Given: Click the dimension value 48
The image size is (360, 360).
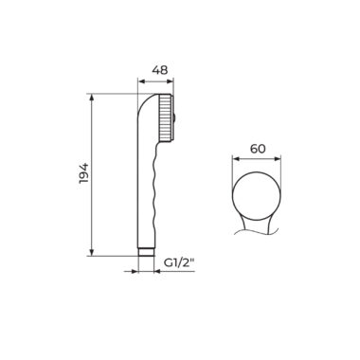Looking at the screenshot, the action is pos(160,70).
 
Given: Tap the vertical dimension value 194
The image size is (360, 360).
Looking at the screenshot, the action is pos(84,173).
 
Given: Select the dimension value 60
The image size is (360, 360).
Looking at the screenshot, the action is pos(258,149).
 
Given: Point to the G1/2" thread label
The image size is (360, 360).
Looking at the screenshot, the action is pos(178,263).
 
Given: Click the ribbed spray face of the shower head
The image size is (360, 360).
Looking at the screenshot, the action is pos(164,118).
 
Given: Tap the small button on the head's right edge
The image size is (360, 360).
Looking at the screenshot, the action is pos(173,118).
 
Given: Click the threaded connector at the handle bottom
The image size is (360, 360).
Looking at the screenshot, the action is pos(146,252).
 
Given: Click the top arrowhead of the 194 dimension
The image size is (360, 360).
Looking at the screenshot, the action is pos(92,98).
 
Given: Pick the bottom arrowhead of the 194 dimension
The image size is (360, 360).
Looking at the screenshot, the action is pos(92,252).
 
